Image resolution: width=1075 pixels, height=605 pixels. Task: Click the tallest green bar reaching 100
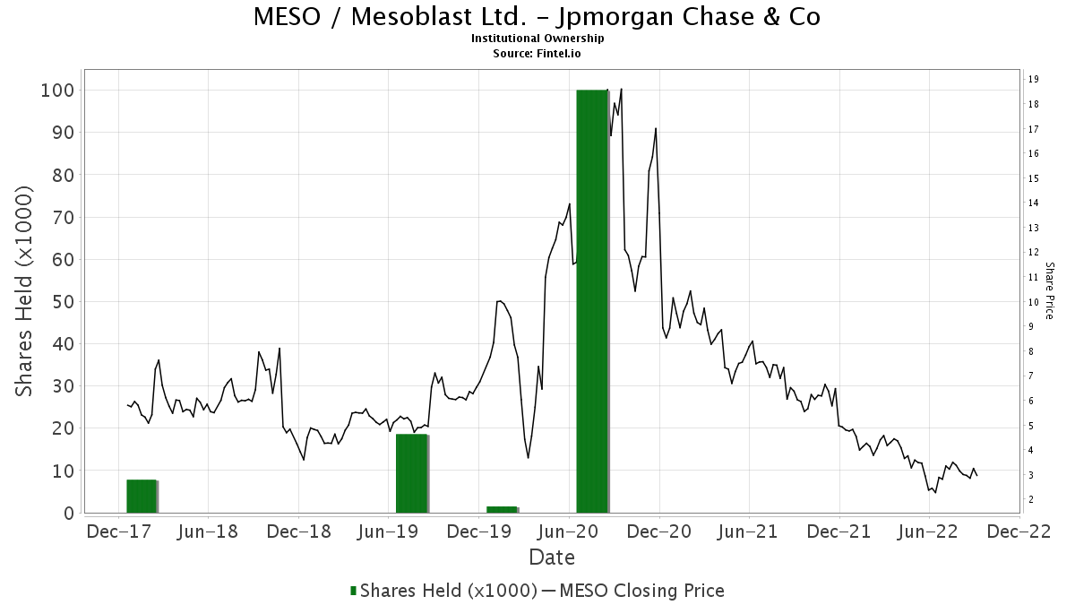[592, 300]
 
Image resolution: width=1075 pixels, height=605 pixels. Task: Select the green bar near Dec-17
[142, 497]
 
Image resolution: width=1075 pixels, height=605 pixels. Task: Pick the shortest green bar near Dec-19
[502, 509]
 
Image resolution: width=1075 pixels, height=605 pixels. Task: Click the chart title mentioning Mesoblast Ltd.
[537, 16]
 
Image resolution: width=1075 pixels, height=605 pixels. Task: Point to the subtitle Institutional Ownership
[537, 39]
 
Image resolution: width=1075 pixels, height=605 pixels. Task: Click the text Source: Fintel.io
[537, 53]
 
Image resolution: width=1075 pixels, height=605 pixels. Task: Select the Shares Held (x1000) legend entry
[443, 590]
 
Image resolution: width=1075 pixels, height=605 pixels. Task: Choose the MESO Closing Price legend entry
[632, 590]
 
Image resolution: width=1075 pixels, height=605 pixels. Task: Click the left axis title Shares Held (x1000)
[25, 292]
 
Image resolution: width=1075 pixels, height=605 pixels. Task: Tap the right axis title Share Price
[1049, 290]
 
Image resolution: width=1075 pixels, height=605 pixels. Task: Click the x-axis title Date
[552, 557]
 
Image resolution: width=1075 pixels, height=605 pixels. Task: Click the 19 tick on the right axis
[1033, 79]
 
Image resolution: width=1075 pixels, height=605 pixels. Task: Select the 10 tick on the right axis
[1033, 301]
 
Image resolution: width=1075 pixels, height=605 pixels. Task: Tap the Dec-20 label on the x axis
[659, 532]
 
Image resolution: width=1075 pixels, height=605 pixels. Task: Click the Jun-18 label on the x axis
[209, 532]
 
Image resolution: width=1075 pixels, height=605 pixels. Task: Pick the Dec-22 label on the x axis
[1019, 532]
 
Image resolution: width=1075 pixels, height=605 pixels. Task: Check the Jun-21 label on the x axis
[749, 532]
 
